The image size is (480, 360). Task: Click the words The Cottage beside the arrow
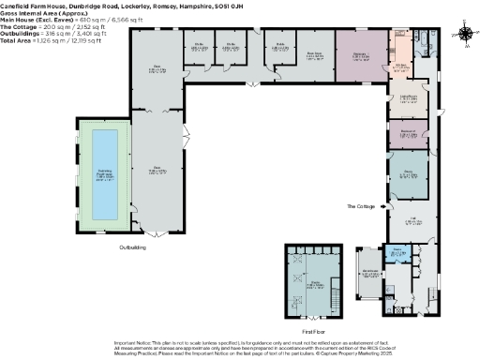tap(363, 205)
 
